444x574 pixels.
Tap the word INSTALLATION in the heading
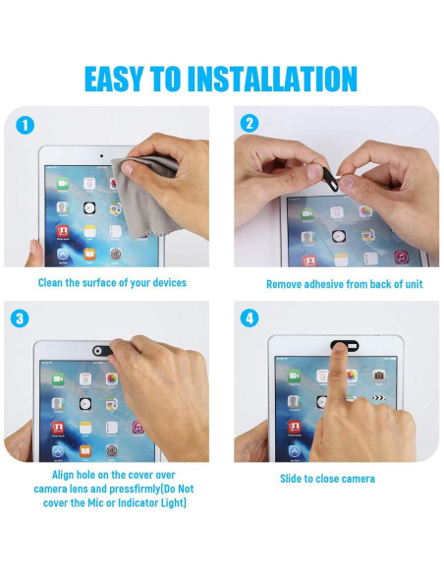[272, 79]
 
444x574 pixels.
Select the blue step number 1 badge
[26, 126]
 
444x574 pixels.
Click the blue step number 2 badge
[250, 124]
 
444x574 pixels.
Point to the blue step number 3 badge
[20, 318]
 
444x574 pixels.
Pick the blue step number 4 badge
[250, 318]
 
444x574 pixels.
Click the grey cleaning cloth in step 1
[143, 194]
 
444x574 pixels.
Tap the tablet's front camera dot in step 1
[101, 155]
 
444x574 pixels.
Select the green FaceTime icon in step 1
[63, 184]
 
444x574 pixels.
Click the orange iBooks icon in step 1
[89, 254]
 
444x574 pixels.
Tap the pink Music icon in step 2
[401, 257]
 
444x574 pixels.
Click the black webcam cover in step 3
[102, 350]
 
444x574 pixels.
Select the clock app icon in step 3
[85, 404]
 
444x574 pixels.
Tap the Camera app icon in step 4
[379, 375]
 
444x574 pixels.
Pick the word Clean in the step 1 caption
[50, 283]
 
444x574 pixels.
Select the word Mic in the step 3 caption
[96, 502]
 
